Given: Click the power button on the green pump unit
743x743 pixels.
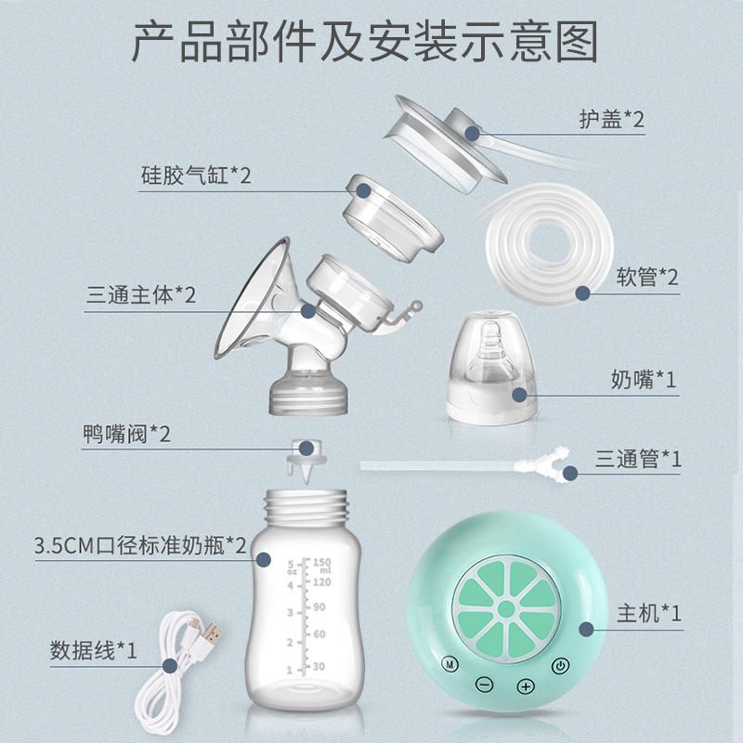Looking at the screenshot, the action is tap(561, 666).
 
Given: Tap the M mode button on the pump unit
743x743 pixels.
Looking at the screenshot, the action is tap(450, 664).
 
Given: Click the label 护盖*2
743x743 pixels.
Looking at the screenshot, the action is tap(612, 119).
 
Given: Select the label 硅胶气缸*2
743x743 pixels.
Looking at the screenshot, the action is tap(196, 176).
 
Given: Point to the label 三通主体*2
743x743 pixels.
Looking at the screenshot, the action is tap(141, 294).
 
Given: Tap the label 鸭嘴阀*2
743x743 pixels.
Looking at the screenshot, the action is tap(126, 434).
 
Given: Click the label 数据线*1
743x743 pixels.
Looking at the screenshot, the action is tap(94, 650).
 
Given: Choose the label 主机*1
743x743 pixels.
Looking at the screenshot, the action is tap(649, 613).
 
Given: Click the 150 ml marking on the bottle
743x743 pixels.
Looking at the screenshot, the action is tap(321, 566).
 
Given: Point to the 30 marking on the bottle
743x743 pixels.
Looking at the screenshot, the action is tap(319, 666).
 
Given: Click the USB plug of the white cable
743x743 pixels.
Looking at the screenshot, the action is tap(212, 633).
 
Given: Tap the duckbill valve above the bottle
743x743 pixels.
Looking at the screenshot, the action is tap(306, 461).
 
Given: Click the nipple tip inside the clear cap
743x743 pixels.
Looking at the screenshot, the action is tap(491, 328).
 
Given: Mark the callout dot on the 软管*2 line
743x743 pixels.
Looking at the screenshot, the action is tap(583, 293).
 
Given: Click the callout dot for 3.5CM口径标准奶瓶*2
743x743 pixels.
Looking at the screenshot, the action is tap(264, 560).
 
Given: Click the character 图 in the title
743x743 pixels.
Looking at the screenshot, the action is tap(576, 42).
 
